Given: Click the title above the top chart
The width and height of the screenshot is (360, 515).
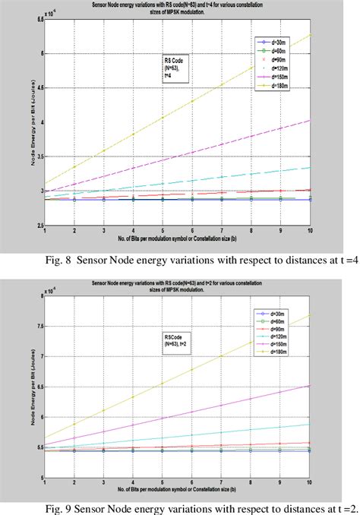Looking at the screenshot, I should [178, 10].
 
